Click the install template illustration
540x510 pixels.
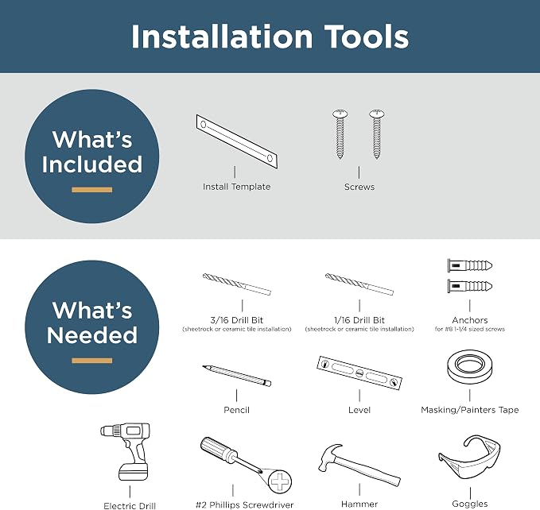[237, 141]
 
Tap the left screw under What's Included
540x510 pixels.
[340, 134]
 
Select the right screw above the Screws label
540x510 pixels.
[377, 134]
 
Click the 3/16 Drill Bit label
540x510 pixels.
[236, 320]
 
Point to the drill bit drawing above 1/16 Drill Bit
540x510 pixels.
[359, 284]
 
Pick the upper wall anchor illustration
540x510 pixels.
[470, 265]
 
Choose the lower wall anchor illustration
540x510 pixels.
[470, 286]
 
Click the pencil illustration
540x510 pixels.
[236, 376]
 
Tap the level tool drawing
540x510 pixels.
[359, 373]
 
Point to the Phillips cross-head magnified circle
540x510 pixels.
[280, 481]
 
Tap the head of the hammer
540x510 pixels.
[330, 456]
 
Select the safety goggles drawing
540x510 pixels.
[469, 457]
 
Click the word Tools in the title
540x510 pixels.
[367, 37]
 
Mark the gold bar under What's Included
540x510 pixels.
[92, 190]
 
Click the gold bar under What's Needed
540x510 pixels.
[92, 361]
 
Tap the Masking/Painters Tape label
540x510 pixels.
[470, 410]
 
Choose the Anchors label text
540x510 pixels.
[470, 320]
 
